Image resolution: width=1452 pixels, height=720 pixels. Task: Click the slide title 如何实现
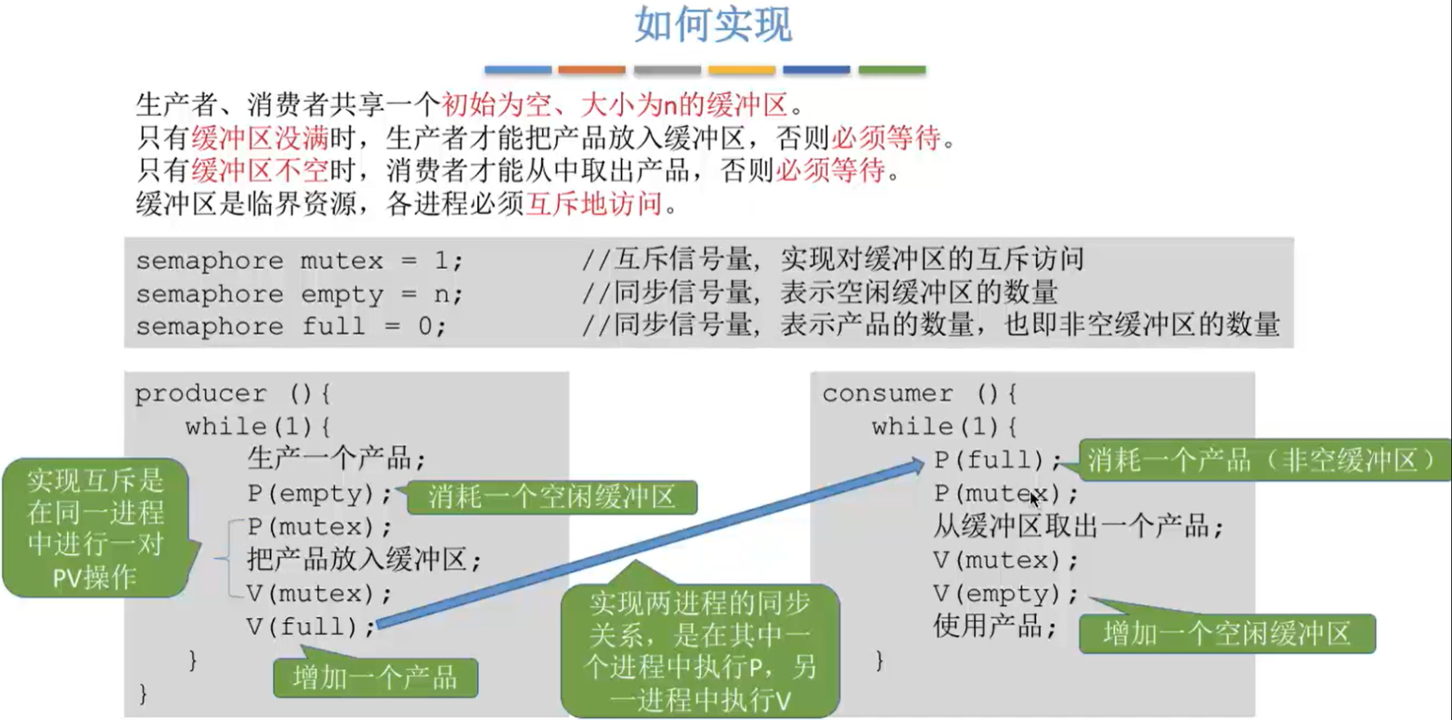[713, 25]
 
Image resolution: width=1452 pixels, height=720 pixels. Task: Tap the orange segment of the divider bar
[592, 70]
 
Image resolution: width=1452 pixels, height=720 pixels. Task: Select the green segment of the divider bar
[891, 70]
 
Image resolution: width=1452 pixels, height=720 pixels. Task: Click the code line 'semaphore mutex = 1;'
[299, 261]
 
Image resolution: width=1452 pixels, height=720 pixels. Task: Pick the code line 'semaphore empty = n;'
[299, 293]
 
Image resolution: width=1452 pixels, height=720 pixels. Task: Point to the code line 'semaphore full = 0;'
[291, 326]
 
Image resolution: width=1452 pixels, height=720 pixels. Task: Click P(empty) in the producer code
[311, 494]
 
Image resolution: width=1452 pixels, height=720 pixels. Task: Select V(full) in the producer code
[311, 627]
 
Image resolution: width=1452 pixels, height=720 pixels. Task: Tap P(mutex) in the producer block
[319, 527]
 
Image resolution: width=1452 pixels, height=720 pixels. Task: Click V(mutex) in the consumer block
[1006, 561]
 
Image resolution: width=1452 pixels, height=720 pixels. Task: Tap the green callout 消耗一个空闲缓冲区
[552, 497]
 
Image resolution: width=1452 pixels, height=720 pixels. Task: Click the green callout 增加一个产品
[375, 678]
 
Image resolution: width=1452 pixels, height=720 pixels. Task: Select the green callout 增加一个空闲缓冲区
[1226, 633]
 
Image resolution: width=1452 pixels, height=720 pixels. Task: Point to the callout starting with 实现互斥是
[96, 528]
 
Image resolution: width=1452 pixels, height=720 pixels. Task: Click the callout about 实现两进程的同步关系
[700, 651]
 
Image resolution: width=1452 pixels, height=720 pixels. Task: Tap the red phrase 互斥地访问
[593, 203]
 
